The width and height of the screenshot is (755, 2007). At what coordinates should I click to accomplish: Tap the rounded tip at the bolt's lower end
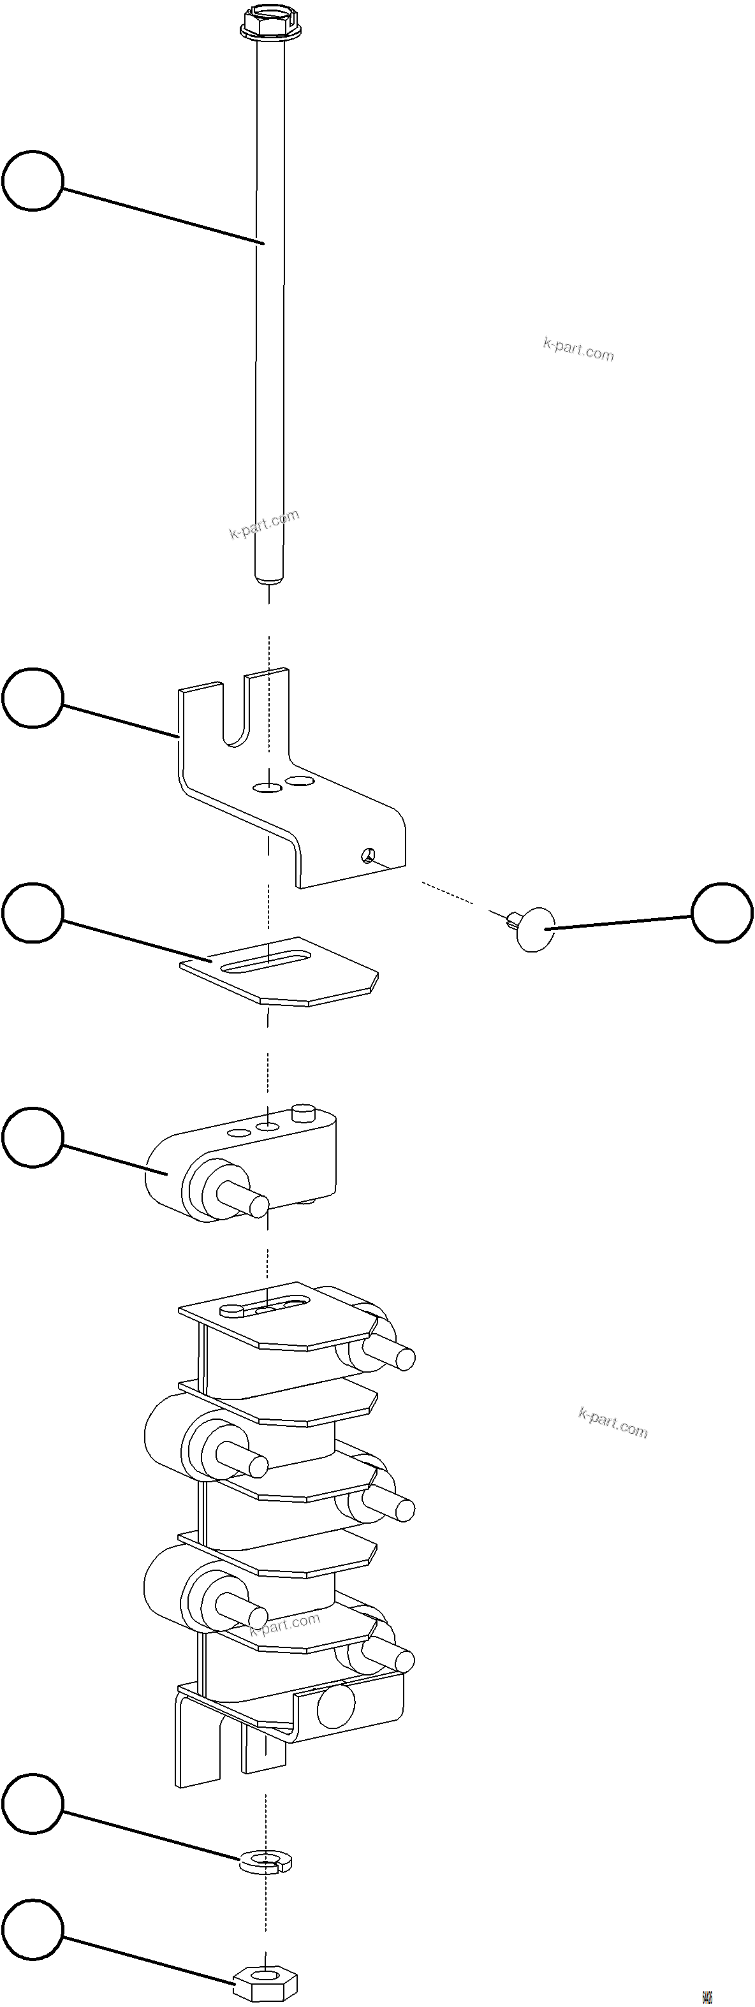pos(270,578)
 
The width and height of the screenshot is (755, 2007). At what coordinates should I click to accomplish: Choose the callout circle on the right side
pos(722,912)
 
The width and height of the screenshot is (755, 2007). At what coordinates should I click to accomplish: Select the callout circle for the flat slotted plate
pos(32,912)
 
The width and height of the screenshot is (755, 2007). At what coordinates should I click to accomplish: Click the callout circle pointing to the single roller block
pos(32,1137)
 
